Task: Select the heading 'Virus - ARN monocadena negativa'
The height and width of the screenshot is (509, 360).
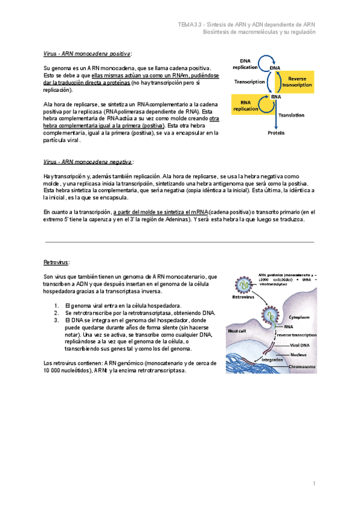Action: click(88, 162)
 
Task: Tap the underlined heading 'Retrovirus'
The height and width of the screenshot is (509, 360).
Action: click(56, 262)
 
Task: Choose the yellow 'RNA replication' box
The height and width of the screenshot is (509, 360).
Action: click(245, 105)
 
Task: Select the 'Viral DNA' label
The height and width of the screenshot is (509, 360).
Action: click(299, 346)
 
